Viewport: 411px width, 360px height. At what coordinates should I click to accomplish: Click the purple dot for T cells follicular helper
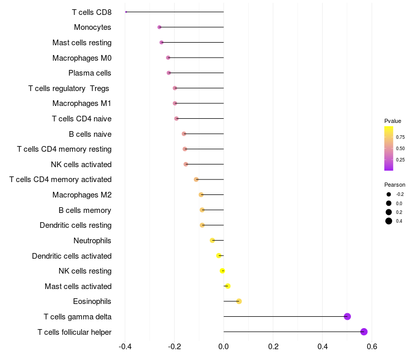364,332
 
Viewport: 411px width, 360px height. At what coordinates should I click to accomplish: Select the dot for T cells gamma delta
347,316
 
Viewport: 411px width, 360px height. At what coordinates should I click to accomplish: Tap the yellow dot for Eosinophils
239,301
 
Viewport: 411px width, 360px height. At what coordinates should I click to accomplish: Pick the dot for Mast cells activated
228,286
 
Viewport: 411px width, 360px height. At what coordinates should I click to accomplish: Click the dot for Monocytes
159,27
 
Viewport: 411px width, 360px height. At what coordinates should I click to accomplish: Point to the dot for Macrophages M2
201,195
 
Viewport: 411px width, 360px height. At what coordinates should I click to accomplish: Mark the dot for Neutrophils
212,240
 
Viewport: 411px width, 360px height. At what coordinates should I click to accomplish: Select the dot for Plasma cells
169,73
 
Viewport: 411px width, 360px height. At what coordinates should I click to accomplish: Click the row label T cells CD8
91,12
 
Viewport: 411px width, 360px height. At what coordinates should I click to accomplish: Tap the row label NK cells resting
85,271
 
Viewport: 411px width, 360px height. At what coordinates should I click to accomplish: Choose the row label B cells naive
90,134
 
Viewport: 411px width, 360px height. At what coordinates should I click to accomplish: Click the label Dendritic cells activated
71,256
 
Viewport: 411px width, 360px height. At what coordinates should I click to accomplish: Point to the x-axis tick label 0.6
372,346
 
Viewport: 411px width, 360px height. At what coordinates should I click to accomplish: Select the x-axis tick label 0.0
223,346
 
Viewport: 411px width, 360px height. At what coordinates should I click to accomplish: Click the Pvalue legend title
393,121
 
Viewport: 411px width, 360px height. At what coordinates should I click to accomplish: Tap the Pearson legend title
395,185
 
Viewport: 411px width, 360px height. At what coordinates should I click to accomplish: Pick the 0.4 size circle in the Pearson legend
389,221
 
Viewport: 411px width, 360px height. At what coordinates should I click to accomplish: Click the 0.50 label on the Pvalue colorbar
400,148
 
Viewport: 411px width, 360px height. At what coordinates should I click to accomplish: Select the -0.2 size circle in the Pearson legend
389,194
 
